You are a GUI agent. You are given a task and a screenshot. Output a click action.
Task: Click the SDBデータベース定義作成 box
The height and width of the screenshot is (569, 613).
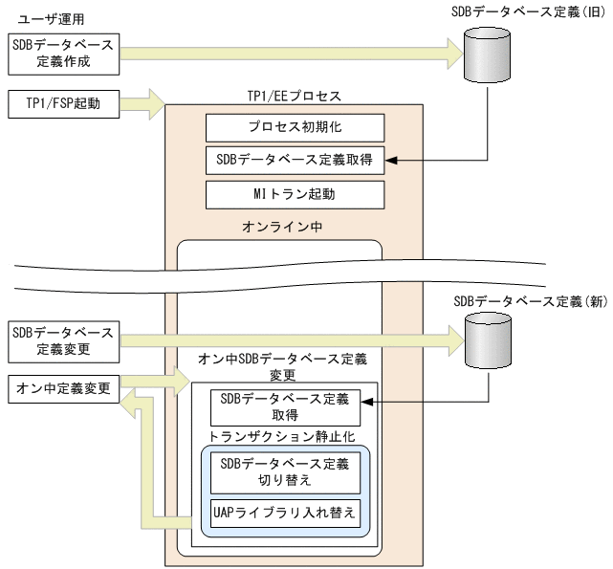(x=63, y=55)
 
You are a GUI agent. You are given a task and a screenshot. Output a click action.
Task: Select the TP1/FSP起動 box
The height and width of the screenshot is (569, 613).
(x=63, y=103)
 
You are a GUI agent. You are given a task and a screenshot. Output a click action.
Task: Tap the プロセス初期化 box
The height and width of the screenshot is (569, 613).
(x=295, y=127)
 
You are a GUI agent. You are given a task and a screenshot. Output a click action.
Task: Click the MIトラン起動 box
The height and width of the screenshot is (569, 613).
(x=295, y=194)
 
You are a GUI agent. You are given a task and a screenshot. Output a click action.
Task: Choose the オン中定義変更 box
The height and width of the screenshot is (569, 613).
(x=63, y=389)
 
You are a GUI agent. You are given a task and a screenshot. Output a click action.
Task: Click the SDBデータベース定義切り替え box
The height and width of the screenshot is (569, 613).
(x=285, y=472)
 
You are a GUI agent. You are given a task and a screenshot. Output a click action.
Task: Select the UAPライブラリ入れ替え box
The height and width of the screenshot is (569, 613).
(x=285, y=513)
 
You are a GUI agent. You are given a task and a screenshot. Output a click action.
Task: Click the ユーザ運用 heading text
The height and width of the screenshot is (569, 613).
(x=47, y=18)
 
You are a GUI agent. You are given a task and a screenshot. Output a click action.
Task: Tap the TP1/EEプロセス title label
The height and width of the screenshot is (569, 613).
(x=295, y=97)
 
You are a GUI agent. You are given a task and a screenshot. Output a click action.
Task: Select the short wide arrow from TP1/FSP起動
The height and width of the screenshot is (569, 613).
(x=145, y=102)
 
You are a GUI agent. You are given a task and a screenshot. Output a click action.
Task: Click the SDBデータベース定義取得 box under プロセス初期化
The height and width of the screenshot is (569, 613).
(x=295, y=161)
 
